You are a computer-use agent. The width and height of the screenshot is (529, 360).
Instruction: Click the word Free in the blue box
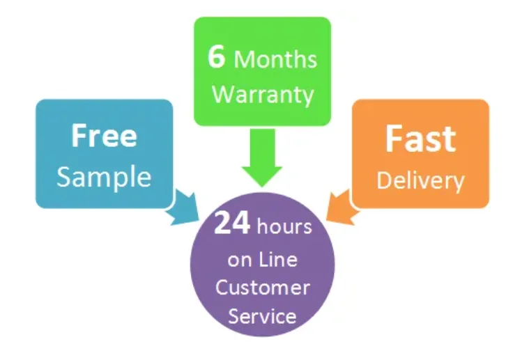[x=104, y=136]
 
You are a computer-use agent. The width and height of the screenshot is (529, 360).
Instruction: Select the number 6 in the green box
[x=217, y=57]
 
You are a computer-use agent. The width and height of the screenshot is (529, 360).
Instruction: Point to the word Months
[x=275, y=59]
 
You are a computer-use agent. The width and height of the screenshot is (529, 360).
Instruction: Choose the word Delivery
[x=420, y=180]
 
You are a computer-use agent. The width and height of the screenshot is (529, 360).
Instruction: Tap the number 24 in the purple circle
[x=233, y=224]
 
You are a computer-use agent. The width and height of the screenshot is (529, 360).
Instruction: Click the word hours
[x=284, y=227]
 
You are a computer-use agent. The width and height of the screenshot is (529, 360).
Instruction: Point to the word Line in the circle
[x=278, y=260]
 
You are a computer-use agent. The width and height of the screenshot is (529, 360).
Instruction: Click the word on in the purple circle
[x=240, y=261]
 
